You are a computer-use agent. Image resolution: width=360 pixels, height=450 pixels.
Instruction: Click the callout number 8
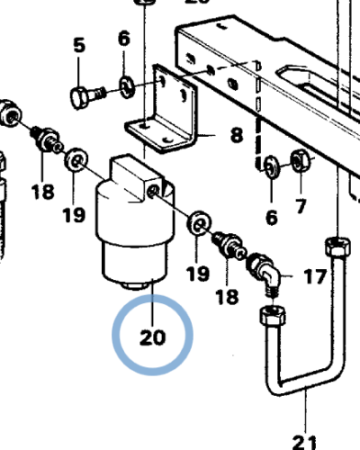[236, 136]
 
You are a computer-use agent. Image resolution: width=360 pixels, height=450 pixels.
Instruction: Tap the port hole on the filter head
[155, 191]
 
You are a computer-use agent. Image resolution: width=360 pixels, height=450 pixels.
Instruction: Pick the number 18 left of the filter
[42, 193]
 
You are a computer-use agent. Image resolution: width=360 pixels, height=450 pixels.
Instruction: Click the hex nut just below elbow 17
[270, 316]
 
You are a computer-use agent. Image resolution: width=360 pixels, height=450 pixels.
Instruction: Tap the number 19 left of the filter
[75, 215]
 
